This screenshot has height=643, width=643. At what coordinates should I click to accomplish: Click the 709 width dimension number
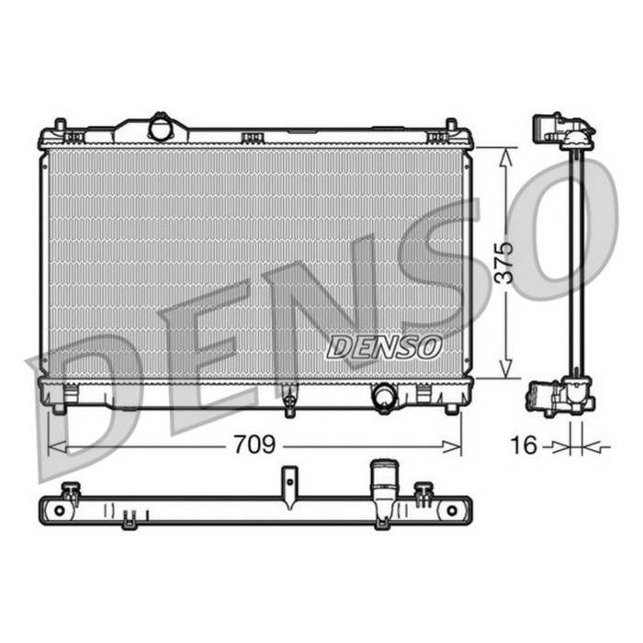click(253, 446)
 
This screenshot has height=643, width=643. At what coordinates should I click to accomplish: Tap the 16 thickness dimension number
click(524, 446)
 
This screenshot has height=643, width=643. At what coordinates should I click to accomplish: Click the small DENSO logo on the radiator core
click(385, 346)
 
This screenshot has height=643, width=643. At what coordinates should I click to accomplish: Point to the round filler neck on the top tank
click(162, 127)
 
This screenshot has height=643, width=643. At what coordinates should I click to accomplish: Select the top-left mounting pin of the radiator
click(60, 126)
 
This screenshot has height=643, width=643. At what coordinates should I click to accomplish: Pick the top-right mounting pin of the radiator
click(451, 126)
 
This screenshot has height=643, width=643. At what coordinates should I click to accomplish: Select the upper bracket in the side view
click(562, 129)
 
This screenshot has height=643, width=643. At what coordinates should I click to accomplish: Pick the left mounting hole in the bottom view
click(60, 508)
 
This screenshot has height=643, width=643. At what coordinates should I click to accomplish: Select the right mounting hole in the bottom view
click(452, 508)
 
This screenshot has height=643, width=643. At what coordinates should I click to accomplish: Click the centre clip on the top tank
click(252, 139)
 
